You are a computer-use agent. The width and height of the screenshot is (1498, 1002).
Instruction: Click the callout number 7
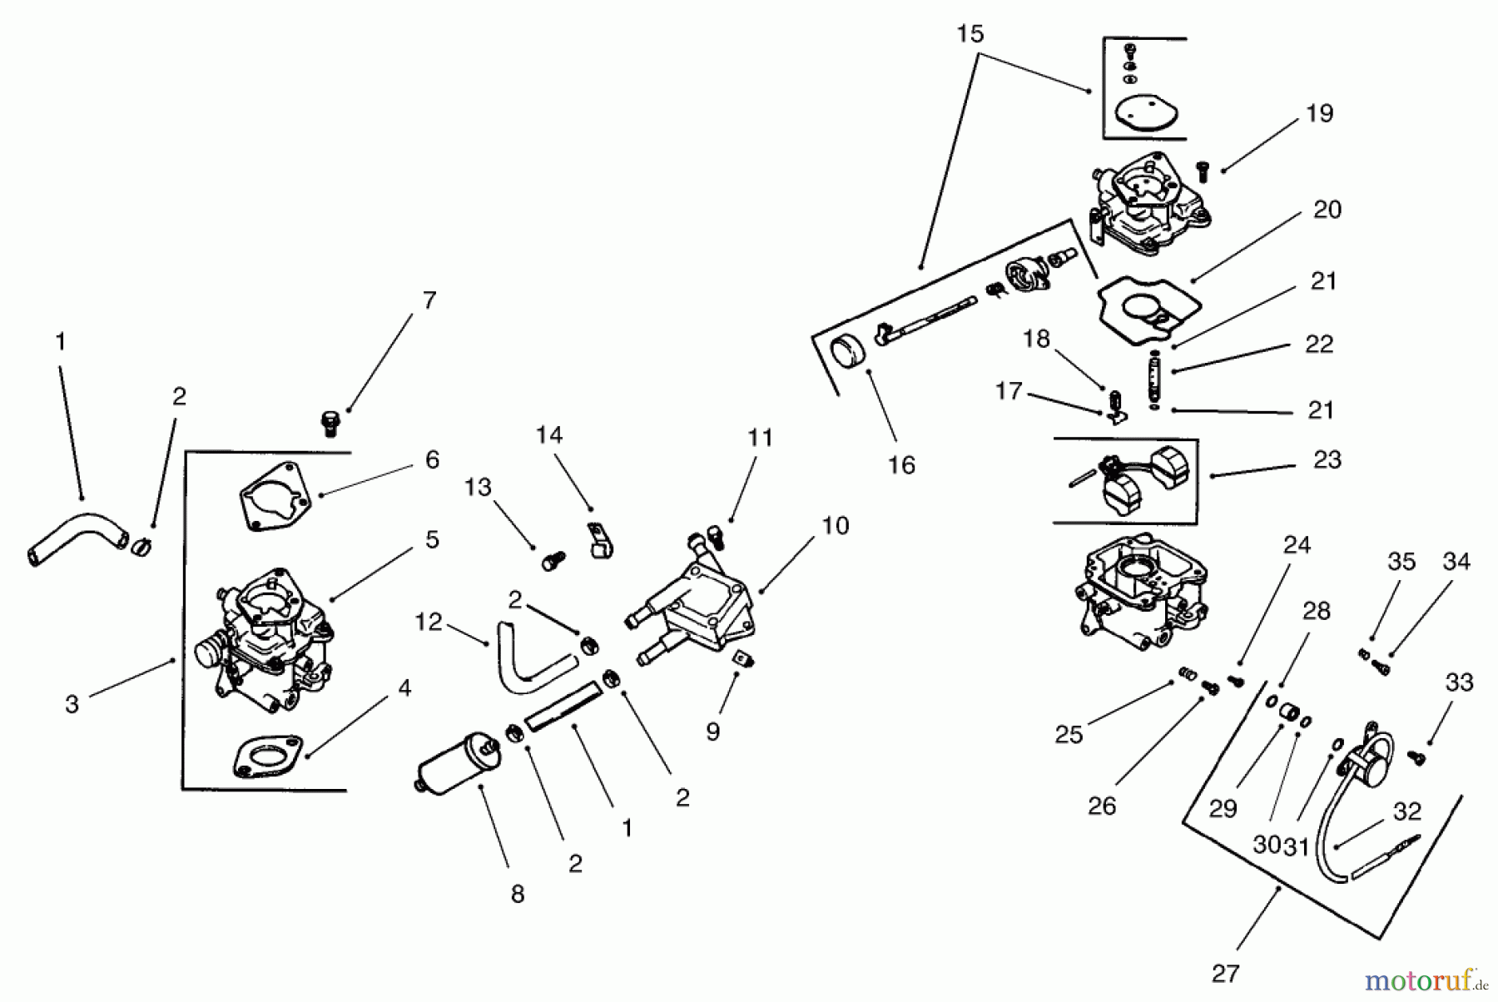[x=429, y=300]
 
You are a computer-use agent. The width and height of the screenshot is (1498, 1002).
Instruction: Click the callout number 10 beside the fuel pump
[x=835, y=526]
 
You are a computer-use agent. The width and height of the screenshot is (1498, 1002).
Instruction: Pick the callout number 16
[x=901, y=465]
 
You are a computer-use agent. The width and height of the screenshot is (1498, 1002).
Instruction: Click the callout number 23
[x=1327, y=460]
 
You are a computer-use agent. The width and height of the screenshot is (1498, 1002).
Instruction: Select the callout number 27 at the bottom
[x=1225, y=973]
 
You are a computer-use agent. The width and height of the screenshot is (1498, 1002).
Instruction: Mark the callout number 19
[x=1319, y=113]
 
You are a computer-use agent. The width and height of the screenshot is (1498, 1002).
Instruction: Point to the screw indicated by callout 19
[x=1201, y=171]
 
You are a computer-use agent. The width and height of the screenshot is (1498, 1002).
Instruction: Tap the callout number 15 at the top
[x=970, y=34]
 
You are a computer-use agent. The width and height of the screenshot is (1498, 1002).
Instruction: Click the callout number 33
[x=1459, y=683]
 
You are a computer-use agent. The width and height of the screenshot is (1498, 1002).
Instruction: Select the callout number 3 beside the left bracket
[x=72, y=704]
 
